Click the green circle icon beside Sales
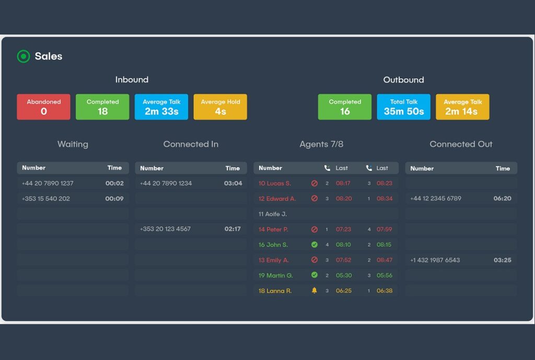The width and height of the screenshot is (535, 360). point(24,56)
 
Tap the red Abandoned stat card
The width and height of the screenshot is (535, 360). point(43,107)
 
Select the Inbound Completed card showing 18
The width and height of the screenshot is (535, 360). point(102,107)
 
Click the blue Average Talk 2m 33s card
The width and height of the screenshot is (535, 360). point(161,107)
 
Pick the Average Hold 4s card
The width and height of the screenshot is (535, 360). point(220,107)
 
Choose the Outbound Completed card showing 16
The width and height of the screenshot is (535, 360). point(345,107)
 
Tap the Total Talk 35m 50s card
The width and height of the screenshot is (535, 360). point(404,107)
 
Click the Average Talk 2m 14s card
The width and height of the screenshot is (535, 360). point(462,107)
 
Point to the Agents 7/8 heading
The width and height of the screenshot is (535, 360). point(321,144)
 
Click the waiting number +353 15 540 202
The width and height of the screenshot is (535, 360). point(45,199)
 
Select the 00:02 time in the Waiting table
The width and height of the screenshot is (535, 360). point(114,183)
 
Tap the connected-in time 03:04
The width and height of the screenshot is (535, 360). point(233,183)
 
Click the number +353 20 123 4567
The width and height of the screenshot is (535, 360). point(165,229)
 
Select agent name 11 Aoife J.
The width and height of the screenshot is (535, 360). point(273,214)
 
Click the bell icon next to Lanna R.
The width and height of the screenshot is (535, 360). point(314,291)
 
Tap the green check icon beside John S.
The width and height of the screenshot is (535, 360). point(314,245)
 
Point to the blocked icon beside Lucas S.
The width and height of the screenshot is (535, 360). point(314,183)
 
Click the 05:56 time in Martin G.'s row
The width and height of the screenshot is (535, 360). point(384,275)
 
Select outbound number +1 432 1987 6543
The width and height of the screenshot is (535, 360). point(435,260)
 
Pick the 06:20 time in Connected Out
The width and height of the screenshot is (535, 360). point(502,199)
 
